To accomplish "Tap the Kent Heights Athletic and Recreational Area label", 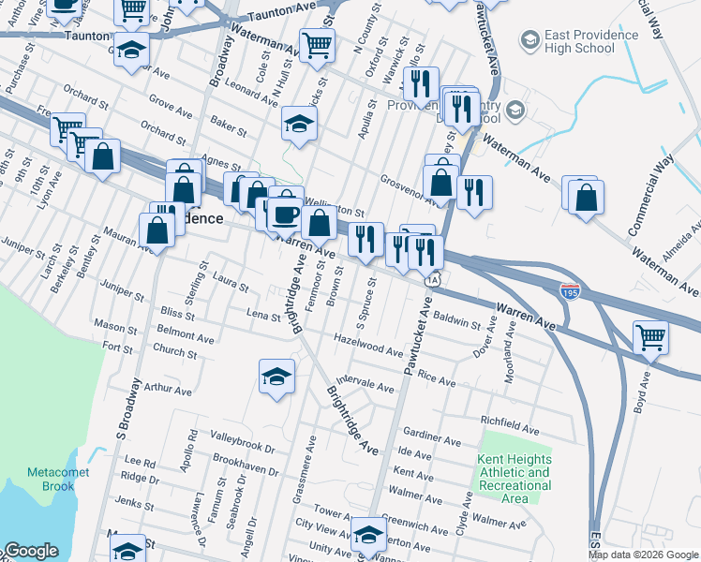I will pos(514,479).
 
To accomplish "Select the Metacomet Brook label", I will pos(51,480).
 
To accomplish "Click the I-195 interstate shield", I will pos(571,292).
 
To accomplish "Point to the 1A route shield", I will pos(431,279).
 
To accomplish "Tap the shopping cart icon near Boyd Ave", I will pos(651,338).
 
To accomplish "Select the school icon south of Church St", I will pos(276,377).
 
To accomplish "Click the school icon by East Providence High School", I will pos(532,40).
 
